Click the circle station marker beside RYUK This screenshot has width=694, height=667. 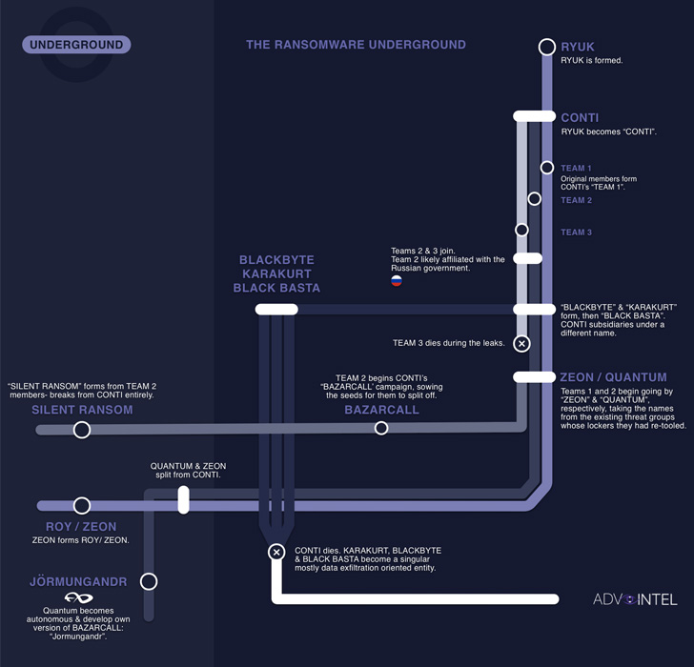(546, 47)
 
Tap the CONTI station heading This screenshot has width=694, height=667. (580, 118)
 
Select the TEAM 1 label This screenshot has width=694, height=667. (576, 169)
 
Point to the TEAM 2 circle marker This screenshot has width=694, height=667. (534, 199)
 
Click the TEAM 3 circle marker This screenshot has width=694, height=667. (521, 230)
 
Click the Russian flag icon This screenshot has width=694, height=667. (397, 281)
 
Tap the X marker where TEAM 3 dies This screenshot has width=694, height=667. (521, 343)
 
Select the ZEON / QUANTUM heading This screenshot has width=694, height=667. (613, 377)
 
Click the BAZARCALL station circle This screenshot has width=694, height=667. (381, 429)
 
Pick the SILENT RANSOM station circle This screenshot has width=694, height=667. (82, 430)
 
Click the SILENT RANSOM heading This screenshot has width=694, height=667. (82, 410)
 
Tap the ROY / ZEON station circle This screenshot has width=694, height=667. (82, 506)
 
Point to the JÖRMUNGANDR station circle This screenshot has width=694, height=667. (148, 581)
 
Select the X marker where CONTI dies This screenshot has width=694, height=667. (276, 552)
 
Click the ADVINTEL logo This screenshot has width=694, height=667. (635, 599)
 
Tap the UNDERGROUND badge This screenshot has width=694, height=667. (76, 45)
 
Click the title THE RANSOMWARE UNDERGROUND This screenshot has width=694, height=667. (356, 45)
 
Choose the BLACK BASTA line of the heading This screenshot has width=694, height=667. (276, 288)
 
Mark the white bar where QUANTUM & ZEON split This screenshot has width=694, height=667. (184, 500)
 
